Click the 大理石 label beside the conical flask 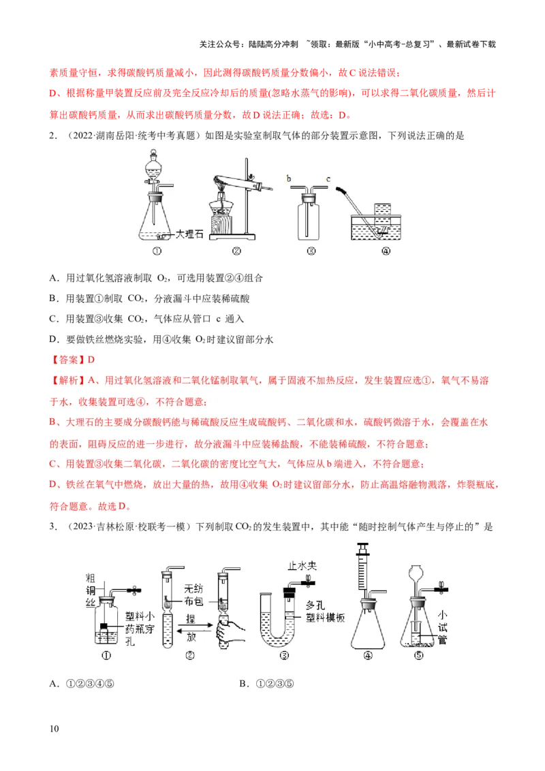189,234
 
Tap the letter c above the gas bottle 328,179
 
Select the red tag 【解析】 67,380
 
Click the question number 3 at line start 52,527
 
